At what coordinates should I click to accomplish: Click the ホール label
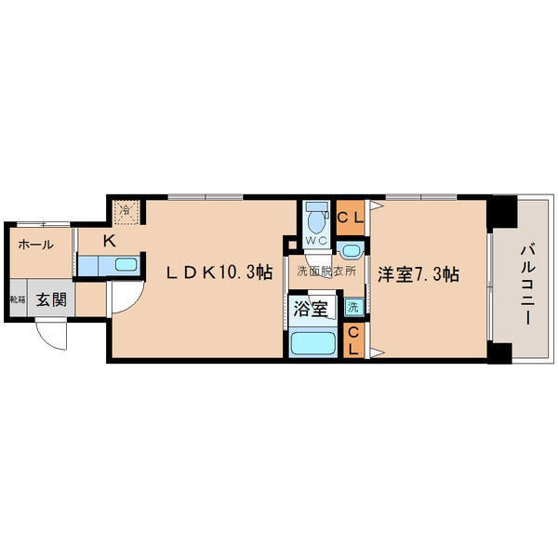click(34, 245)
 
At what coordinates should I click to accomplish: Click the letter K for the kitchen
click(109, 241)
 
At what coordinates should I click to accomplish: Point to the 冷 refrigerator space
click(126, 210)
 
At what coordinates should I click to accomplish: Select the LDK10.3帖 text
click(219, 272)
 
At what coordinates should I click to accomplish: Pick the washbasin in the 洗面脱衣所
click(352, 250)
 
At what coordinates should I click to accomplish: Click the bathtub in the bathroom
click(313, 343)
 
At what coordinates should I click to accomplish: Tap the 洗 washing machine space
click(353, 307)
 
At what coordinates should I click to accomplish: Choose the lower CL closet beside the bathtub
click(354, 341)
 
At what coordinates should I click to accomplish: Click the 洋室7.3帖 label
click(418, 274)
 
